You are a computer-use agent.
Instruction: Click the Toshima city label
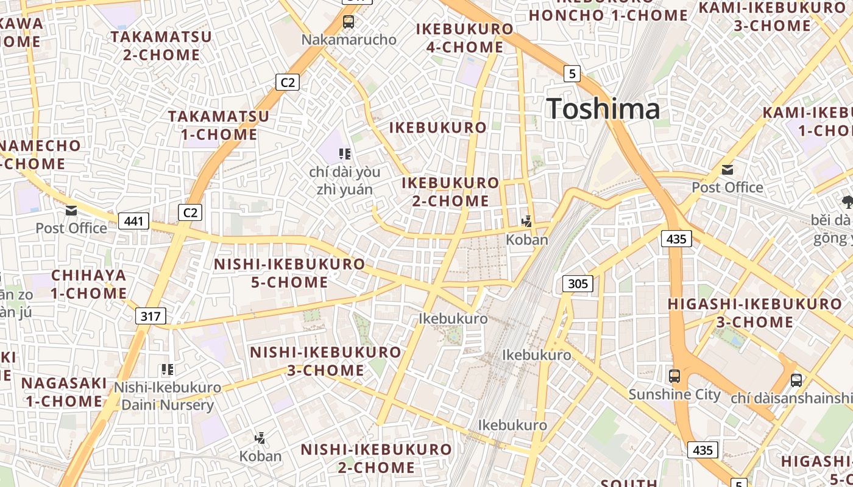(x=603, y=109)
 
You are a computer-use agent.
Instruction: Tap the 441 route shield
(x=133, y=220)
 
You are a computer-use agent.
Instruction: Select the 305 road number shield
(x=577, y=283)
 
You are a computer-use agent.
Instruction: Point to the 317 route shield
(x=150, y=316)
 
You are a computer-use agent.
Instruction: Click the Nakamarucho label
(x=349, y=40)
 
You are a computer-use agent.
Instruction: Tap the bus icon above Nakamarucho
(x=349, y=23)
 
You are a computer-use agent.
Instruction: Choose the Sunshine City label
(x=674, y=394)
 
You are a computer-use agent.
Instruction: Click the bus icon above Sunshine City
(x=674, y=376)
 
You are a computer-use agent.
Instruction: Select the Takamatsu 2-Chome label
(x=161, y=46)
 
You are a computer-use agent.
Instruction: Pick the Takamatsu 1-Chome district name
(x=219, y=125)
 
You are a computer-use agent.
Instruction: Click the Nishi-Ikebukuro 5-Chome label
(x=289, y=273)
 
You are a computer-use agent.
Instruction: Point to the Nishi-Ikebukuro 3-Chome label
(x=325, y=361)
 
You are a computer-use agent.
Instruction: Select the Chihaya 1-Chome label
(x=88, y=284)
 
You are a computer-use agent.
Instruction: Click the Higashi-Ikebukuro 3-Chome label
(x=754, y=313)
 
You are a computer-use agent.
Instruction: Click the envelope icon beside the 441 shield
(x=71, y=211)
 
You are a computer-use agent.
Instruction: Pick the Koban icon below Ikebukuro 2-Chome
(x=527, y=222)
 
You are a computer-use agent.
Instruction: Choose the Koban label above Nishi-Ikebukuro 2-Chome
(x=260, y=456)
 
